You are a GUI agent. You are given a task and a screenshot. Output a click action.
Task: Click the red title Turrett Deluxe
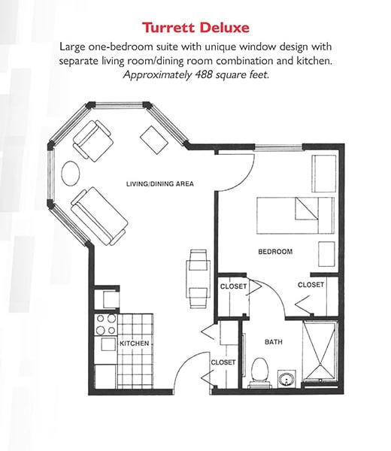coord(195,28)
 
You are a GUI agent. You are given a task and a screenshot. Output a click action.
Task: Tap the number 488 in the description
coord(204,74)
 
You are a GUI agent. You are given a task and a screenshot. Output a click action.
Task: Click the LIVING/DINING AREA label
coord(160,184)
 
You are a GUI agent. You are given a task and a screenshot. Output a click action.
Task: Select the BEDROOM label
coord(275,252)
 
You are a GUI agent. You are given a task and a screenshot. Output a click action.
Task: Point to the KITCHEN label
coord(135,344)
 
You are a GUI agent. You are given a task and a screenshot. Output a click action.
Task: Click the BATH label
coord(274,342)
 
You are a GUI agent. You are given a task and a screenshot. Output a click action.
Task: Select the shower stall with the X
coord(320,352)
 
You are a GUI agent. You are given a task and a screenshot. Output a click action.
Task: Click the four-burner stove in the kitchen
coord(106,325)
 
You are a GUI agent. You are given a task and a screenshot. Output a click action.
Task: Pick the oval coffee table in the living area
coord(71,173)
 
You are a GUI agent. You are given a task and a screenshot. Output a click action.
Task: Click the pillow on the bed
coord(307,208)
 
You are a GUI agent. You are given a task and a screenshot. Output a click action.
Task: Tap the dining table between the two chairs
coord(198,279)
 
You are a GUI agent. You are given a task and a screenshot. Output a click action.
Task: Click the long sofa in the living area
coord(99,216)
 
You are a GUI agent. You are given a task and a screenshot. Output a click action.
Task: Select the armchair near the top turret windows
coord(92,141)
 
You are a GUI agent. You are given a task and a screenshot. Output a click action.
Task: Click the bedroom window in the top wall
coord(279,147)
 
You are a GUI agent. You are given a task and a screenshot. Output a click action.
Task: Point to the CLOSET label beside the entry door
coord(223,362)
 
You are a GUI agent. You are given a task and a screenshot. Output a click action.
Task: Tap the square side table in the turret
coord(154,140)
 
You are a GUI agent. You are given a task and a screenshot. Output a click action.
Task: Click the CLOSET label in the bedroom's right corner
coord(311,285)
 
